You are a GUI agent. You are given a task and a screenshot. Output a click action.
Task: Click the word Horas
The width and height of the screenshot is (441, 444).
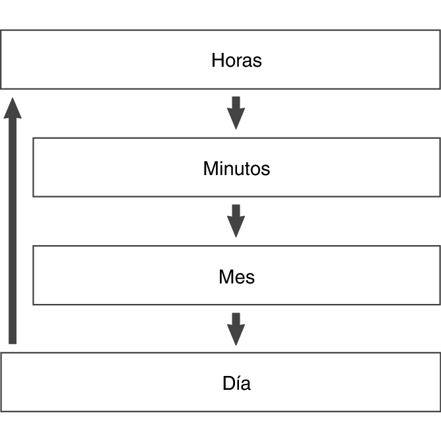pos(236,61)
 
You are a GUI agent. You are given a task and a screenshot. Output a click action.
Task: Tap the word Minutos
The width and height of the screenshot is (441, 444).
pos(236,168)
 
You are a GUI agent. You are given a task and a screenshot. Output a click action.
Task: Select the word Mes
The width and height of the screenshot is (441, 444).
pos(236,276)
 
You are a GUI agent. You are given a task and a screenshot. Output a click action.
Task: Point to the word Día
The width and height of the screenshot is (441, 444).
pos(236,383)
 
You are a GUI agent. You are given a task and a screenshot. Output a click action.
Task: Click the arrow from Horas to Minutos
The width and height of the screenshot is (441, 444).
pos(236,112)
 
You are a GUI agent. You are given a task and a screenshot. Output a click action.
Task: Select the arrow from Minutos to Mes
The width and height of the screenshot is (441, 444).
pos(236,220)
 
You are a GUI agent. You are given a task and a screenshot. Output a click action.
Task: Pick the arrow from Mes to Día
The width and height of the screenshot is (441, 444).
pos(236,328)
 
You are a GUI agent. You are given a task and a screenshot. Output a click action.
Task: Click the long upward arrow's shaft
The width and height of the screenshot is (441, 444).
pos(12,231)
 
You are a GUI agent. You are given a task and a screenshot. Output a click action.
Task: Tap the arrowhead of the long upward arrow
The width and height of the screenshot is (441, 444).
pos(12,108)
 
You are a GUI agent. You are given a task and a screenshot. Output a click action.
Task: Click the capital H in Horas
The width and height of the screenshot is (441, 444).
pos(217,61)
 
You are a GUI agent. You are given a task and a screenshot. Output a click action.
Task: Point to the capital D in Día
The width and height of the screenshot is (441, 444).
pos(228,383)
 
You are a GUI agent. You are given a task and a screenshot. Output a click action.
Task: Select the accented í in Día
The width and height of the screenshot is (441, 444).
pos(238,383)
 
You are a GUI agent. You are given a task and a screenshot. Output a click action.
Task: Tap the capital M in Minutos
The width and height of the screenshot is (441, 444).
pos(209,168)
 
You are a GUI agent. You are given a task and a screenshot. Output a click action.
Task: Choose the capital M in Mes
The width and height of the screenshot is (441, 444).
pos(225,276)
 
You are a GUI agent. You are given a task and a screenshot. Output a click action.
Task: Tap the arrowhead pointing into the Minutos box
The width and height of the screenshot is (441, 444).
pos(236,121)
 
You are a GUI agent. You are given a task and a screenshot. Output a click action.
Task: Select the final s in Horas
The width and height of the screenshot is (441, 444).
pos(257,61)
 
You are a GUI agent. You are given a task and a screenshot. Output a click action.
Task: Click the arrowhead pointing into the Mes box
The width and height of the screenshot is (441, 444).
pos(236,229)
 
